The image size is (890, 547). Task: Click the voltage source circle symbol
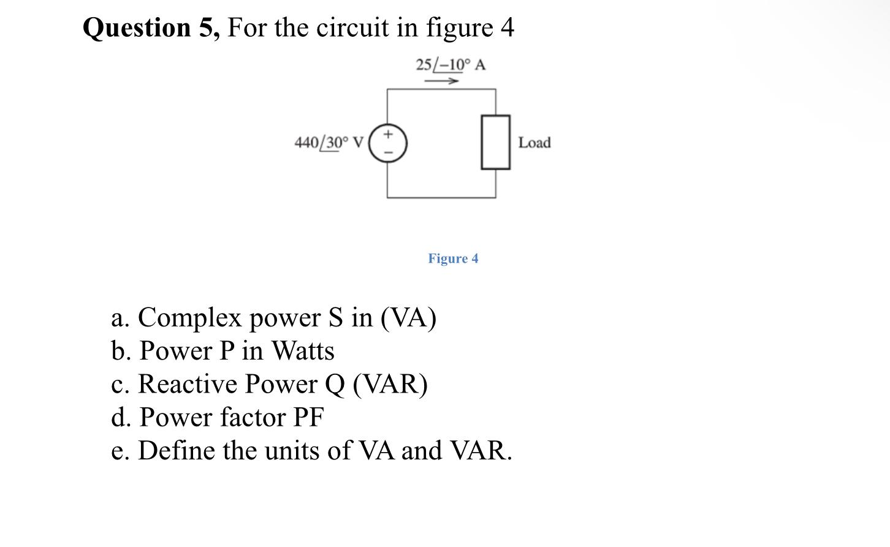pos(387,143)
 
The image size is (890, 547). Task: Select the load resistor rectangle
pos(495,142)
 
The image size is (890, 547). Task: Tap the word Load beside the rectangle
pos(534,143)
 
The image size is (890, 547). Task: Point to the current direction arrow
pos(442,81)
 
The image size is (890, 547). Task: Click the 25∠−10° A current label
pos(450,64)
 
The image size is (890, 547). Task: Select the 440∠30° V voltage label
pos(329,143)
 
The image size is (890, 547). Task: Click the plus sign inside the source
pos(387,134)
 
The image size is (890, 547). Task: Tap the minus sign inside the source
pos(387,153)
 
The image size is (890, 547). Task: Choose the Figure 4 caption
pos(453,258)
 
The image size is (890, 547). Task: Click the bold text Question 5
pos(151,28)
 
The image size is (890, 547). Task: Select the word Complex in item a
pos(190,318)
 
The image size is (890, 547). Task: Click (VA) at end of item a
pos(408,318)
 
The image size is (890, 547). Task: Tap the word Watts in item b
pos(303,351)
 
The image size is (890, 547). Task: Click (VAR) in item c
pos(390,384)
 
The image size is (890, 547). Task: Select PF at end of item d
pos(308,418)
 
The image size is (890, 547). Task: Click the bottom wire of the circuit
pos(441,198)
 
